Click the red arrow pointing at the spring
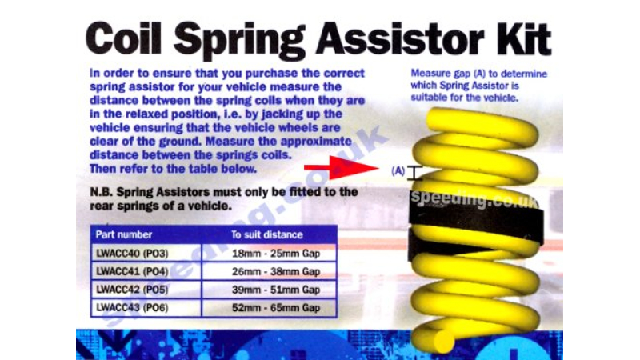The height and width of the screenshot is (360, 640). click(342, 167)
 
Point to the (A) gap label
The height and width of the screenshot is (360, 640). click(398, 171)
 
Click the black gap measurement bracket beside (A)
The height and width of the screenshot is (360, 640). click(414, 173)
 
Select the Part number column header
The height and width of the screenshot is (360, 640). click(124, 234)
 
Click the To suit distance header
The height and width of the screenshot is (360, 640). click(267, 234)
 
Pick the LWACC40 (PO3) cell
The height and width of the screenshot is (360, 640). click(146, 254)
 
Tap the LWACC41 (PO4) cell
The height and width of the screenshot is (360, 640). click(146, 271)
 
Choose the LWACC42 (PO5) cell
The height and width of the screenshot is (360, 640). click(146, 290)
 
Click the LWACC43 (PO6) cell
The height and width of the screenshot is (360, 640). click(146, 307)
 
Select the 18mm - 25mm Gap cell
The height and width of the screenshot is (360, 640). click(270, 254)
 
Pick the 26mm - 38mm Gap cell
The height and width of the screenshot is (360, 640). click(270, 271)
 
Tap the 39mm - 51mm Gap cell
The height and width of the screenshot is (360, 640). click(270, 290)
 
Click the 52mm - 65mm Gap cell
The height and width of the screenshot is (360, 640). click(270, 307)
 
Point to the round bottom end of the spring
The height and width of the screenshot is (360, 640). click(443, 340)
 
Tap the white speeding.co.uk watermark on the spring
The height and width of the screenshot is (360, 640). click(474, 198)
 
